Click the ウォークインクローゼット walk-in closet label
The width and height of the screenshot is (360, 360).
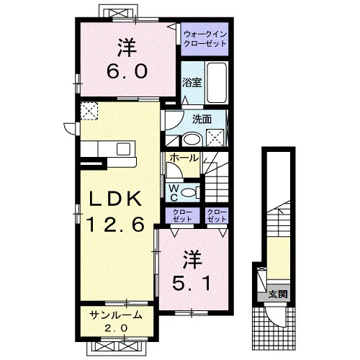[205, 39]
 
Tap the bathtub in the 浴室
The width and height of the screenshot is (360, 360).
[217, 83]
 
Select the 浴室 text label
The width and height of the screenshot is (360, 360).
[192, 83]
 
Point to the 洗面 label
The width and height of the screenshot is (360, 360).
[202, 120]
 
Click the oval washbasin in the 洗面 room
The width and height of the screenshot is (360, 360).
[192, 140]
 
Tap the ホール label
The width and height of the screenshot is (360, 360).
[184, 158]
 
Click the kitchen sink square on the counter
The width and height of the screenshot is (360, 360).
[124, 149]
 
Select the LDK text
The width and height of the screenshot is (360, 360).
[115, 199]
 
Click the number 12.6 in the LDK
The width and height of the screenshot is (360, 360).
[117, 224]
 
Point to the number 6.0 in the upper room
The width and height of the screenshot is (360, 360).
[127, 71]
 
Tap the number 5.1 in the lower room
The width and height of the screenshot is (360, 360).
[192, 282]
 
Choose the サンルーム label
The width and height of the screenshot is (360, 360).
[116, 315]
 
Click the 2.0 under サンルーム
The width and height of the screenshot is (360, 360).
[116, 328]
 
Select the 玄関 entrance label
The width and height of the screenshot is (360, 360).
[278, 294]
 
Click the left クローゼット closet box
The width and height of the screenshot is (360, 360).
[183, 215]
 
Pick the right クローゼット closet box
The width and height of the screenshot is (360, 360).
[217, 215]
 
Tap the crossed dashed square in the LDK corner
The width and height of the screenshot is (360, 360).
[89, 111]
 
